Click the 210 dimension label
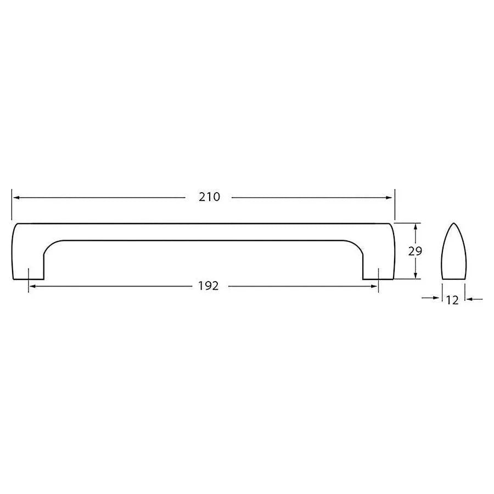209,197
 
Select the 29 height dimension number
415,251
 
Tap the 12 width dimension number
453,300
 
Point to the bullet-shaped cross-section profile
453,255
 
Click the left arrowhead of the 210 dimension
15,197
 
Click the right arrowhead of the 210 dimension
390,197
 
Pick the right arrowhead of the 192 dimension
375,286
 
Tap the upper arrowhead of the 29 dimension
416,226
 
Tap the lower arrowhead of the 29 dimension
416,276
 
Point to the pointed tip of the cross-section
453,224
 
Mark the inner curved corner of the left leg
49,246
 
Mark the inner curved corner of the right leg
357,246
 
